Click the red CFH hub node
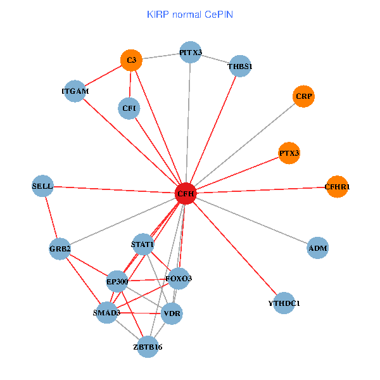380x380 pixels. pyautogui.click(x=186, y=193)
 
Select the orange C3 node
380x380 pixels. pyautogui.click(x=131, y=60)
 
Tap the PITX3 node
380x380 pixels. pyautogui.click(x=191, y=53)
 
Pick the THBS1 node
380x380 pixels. pyautogui.click(x=241, y=66)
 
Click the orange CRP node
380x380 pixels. pyautogui.click(x=304, y=96)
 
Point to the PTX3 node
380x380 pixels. pyautogui.click(x=289, y=153)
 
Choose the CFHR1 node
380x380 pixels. pyautogui.click(x=337, y=187)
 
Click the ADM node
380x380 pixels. pyautogui.click(x=317, y=248)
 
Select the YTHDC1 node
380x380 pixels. pyautogui.click(x=284, y=304)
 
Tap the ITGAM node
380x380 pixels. pyautogui.click(x=75, y=92)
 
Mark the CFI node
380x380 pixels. pyautogui.click(x=129, y=108)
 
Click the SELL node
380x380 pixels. pyautogui.click(x=42, y=186)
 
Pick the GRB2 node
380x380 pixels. pyautogui.click(x=60, y=249)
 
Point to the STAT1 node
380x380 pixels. pyautogui.click(x=142, y=244)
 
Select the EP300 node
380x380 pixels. pyautogui.click(x=117, y=281)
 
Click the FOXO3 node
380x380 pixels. pyautogui.click(x=179, y=279)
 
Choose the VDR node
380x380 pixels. pyautogui.click(x=172, y=313)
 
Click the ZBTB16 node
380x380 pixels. pyautogui.click(x=148, y=346)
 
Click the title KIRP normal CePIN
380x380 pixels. pyautogui.click(x=190, y=14)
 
